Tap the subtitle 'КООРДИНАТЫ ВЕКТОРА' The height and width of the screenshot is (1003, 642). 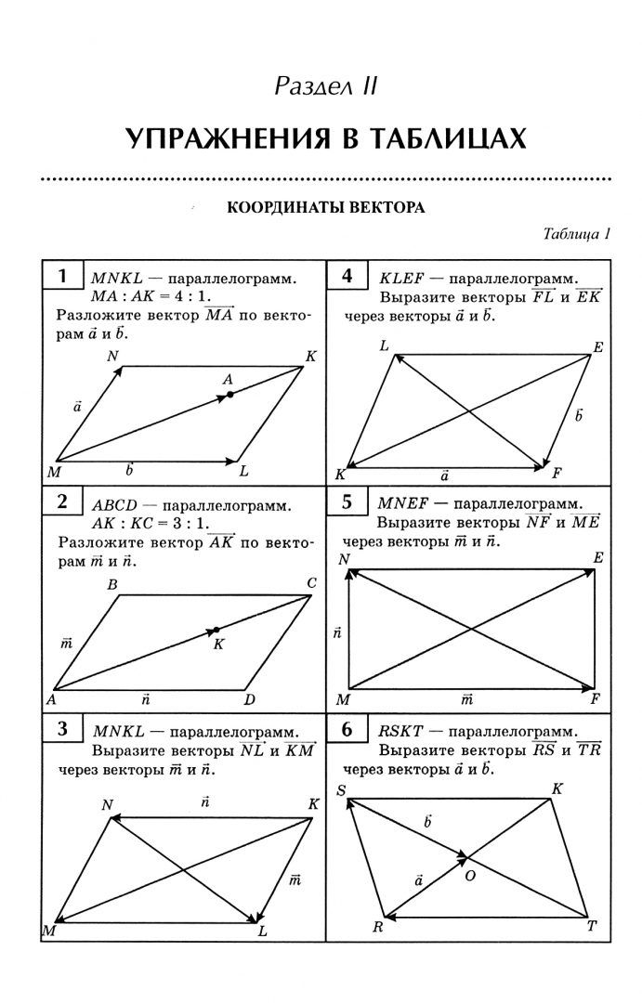pos(326,208)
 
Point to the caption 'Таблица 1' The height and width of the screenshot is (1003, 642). pos(576,234)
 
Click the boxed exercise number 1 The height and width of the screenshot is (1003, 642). pos(62,276)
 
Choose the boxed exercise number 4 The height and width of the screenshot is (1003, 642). pos(347,276)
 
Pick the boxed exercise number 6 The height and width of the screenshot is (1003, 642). pos(347,730)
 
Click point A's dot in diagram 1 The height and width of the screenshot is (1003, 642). pos(229,395)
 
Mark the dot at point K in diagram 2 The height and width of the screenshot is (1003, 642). pos(216,631)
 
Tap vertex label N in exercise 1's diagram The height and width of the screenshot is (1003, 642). pos(111,356)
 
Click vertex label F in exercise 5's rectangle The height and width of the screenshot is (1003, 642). pos(596,699)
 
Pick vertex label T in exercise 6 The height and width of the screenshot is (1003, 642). pos(591,927)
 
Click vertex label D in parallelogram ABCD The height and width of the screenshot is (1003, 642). pos(249,699)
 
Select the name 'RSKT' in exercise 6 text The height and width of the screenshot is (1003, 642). pos(400,731)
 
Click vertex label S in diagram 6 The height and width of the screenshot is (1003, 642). pos(342,790)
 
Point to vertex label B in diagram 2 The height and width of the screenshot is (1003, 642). pos(111,585)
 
